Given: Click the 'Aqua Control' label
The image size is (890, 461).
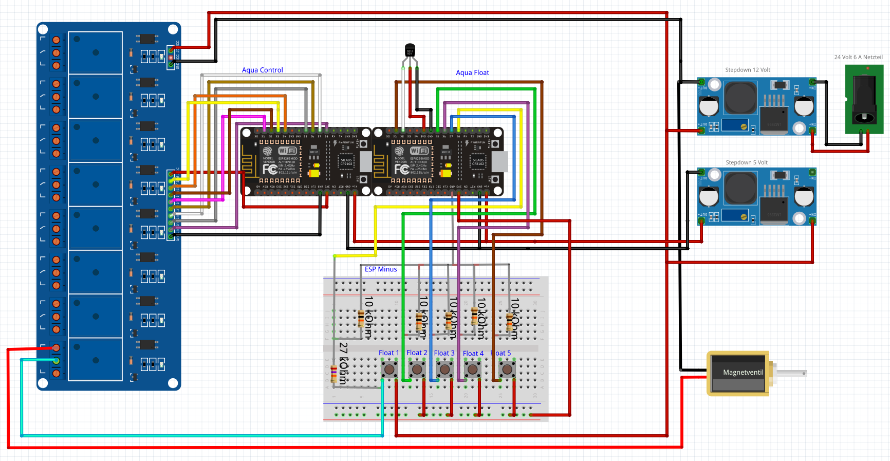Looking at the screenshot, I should click(x=262, y=70).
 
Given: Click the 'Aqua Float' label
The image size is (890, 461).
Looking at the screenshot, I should click(x=472, y=72).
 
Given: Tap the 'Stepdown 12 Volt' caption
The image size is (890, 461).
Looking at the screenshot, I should click(x=747, y=70).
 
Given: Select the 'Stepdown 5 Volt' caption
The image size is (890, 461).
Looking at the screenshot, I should click(x=746, y=162).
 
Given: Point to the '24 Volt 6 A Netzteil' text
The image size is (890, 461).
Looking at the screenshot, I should click(x=858, y=57).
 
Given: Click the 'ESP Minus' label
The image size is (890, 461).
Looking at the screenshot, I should click(x=380, y=269).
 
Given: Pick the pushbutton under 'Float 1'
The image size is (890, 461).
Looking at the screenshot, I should click(x=389, y=369).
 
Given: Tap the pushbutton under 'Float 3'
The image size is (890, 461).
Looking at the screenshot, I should click(x=444, y=369).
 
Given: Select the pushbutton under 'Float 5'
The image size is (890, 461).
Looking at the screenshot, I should click(x=507, y=369).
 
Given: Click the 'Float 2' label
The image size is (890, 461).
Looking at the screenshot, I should click(x=416, y=353).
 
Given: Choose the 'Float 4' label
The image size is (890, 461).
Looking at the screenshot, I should click(x=473, y=353).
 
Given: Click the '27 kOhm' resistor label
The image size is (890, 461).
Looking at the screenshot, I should click(x=343, y=363).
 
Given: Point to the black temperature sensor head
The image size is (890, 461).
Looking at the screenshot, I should click(x=410, y=50).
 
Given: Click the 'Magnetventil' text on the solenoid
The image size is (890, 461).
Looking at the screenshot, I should click(x=743, y=373).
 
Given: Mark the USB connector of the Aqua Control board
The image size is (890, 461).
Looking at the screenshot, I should click(x=365, y=161).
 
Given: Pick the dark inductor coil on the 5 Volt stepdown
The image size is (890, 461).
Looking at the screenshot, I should click(x=740, y=188).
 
